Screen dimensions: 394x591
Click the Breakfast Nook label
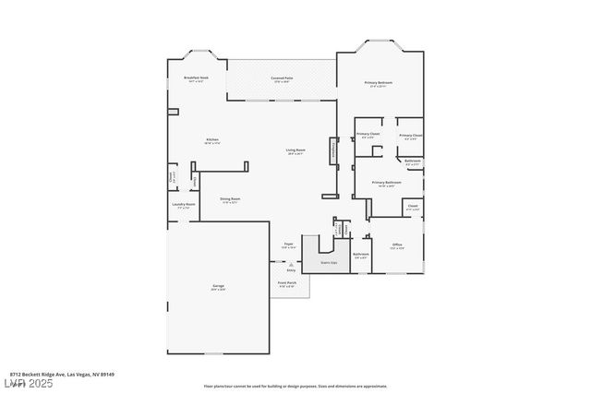coord(196,78)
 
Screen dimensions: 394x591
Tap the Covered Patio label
coord(282,78)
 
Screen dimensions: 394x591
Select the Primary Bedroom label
coord(380,83)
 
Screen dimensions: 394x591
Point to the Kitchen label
coord(211,140)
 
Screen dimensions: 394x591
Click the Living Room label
coord(295,150)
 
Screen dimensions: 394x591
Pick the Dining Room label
coord(230,199)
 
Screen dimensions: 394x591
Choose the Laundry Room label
coord(183,205)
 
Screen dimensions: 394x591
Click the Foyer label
coord(289,245)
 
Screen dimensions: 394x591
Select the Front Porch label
coord(286,283)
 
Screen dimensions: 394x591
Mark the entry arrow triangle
coord(291,265)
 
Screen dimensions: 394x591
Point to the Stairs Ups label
coord(328,263)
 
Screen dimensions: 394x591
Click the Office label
coord(397,245)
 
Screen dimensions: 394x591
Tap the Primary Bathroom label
coord(386,184)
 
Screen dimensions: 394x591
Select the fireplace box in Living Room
coord(333,152)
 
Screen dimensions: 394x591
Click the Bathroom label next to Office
coord(361,255)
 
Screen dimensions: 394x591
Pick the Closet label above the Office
coord(413,207)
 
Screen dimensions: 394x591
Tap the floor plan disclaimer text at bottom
coord(295,386)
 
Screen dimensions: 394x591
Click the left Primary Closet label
coord(368,135)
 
